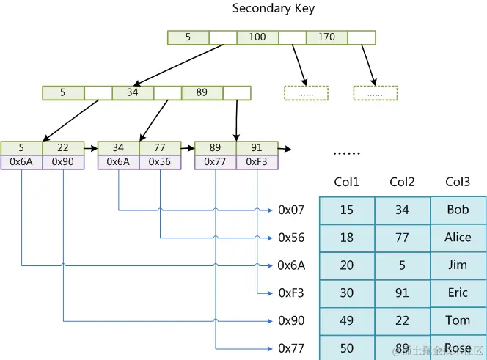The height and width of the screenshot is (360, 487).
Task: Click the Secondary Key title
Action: (274, 9)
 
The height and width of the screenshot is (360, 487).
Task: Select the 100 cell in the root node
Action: (257, 37)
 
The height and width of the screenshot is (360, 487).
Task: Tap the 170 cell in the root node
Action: (326, 37)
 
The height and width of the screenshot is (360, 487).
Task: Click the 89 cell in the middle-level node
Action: (202, 93)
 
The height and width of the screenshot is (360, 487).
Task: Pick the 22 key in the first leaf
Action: (63, 148)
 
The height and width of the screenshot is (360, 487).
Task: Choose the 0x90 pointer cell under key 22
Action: (63, 162)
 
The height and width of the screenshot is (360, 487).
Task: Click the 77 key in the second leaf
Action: (160, 148)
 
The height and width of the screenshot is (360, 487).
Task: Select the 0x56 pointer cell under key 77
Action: (160, 162)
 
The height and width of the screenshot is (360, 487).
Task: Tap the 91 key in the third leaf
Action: (257, 148)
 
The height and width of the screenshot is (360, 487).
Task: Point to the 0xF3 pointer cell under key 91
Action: (257, 162)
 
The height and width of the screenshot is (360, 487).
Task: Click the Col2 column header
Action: (403, 182)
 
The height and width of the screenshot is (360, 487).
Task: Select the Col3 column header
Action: (458, 182)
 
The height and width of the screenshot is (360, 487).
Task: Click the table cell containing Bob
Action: (458, 210)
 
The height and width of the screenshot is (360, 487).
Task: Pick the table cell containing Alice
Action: (458, 238)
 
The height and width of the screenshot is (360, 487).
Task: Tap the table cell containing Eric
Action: (458, 293)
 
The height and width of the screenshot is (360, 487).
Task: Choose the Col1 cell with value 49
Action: (347, 320)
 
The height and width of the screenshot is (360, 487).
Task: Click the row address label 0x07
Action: (291, 210)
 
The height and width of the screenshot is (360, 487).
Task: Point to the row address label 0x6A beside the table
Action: (291, 265)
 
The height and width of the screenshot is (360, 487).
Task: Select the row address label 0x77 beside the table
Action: (291, 348)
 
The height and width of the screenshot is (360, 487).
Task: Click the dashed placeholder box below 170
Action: (375, 93)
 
